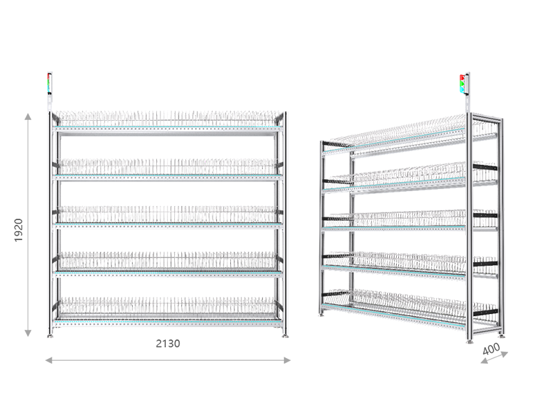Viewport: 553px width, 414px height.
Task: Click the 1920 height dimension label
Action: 19,230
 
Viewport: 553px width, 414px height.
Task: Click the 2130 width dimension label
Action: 168,344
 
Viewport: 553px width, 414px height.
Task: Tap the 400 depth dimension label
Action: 491,349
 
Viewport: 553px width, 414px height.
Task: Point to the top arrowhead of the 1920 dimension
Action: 28,117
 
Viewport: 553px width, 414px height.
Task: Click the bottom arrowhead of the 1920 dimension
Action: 28,333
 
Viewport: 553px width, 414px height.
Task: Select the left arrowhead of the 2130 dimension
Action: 49,360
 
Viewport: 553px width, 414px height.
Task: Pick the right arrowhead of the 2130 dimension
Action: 287,360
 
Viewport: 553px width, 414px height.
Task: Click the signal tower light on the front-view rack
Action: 50,83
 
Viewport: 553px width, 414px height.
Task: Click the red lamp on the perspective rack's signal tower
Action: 462,77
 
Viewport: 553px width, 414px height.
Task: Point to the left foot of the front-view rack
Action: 50,336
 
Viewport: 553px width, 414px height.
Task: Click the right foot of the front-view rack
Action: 285,336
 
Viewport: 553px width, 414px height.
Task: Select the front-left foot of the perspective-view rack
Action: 321,314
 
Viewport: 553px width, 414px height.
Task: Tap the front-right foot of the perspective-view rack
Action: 469,341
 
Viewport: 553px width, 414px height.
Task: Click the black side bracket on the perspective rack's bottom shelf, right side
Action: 485,313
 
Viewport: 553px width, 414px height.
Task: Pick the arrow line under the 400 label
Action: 494,357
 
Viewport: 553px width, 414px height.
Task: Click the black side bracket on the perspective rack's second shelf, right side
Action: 485,167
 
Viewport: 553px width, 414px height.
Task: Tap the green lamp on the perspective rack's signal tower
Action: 462,83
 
